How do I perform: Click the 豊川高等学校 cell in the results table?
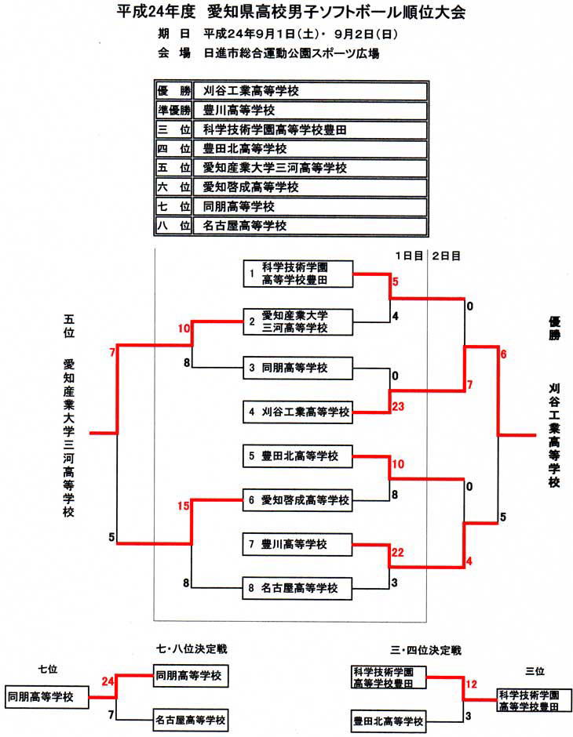pos(309,110)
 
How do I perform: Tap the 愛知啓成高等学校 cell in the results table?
pos(309,187)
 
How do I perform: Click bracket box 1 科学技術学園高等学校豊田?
pos(297,274)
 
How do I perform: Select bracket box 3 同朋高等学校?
pos(297,367)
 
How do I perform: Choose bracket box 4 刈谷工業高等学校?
pos(297,411)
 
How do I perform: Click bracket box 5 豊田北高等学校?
pos(297,456)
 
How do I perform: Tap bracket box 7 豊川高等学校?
pos(297,543)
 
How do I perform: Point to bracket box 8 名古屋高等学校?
pos(297,587)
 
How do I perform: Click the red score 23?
pos(398,406)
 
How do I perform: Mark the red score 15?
pos(184,506)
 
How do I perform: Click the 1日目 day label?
pos(409,256)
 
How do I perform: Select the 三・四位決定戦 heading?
pos(429,650)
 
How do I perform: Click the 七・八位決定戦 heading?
pos(186,649)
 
